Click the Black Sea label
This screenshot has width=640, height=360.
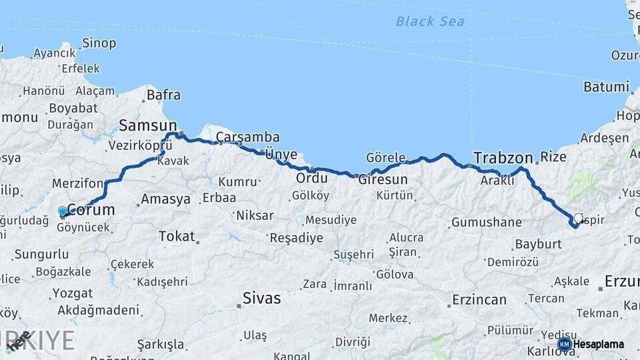pos(430,21)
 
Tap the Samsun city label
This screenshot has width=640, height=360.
pos(147,125)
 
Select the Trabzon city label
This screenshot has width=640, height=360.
pos(503,158)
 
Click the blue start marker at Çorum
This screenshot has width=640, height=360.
pos(63,211)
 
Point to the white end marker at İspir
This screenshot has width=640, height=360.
pos(578,218)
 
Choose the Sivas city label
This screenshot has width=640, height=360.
pos(261,298)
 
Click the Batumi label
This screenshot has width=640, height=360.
pos(606,87)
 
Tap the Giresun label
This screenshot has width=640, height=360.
pos(383,180)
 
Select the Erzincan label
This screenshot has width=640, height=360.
pos(479,299)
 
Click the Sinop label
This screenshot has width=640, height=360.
pos(99,43)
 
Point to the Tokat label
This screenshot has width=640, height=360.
pos(177,236)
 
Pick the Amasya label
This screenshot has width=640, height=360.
pos(166,199)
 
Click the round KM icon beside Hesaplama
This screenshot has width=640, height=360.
pos(564,344)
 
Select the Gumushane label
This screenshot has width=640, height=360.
pos(486,222)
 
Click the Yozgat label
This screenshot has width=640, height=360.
pos(72,293)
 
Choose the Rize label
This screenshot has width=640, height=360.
pos(553,157)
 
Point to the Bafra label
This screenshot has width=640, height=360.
pos(163,95)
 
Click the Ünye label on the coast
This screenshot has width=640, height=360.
pos(281,154)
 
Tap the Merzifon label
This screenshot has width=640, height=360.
pos(78,183)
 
